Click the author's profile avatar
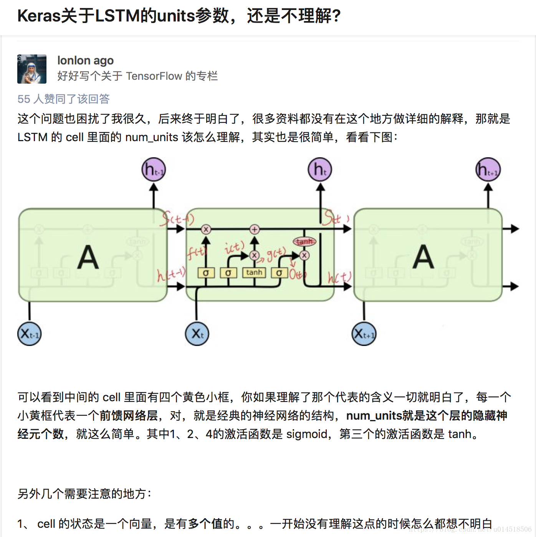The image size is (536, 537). click(32, 69)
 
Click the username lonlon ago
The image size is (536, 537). click(85, 61)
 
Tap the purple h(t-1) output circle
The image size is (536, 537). click(154, 169)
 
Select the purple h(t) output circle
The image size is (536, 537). click(320, 169)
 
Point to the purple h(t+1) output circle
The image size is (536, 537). click(488, 169)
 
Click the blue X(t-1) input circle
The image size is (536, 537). click(29, 334)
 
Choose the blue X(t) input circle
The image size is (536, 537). click(197, 334)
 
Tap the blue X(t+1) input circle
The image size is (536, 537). click(364, 334)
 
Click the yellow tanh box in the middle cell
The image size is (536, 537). click(254, 273)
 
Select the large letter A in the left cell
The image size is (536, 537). click(88, 257)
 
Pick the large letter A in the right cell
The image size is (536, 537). click(423, 257)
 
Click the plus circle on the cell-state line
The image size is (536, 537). click(255, 229)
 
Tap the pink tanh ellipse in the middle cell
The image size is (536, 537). click(304, 241)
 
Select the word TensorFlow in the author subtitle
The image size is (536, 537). click(154, 76)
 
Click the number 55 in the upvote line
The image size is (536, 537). click(24, 99)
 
